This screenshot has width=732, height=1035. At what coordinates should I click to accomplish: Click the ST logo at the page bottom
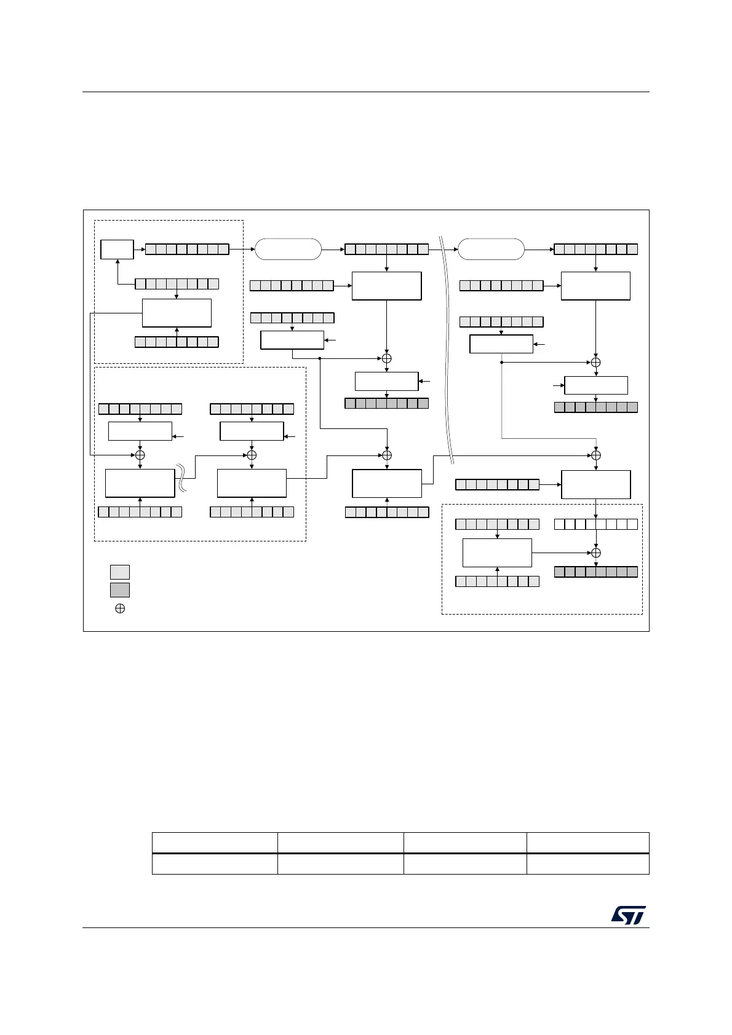[x=628, y=915]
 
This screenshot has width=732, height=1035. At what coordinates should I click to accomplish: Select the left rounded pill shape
[x=288, y=250]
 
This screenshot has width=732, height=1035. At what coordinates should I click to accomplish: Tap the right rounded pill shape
[x=491, y=250]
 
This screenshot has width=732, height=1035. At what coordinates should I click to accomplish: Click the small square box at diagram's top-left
[x=117, y=250]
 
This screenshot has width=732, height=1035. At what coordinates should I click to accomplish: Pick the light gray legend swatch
[x=120, y=572]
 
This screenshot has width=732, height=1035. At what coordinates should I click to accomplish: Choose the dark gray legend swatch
[x=120, y=590]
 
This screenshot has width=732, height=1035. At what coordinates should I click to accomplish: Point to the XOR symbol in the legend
[x=121, y=608]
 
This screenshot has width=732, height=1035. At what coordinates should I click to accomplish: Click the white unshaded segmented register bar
[x=595, y=524]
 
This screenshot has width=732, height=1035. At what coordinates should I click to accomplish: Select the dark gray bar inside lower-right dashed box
[x=595, y=572]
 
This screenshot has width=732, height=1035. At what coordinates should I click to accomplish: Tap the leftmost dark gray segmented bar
[x=386, y=404]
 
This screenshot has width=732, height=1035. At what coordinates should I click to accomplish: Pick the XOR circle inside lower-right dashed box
[x=595, y=553]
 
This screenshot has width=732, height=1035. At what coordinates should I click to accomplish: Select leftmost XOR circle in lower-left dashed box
[x=140, y=455]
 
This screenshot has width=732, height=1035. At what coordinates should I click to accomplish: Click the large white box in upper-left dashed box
[x=177, y=313]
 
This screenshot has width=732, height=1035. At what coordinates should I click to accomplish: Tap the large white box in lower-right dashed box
[x=497, y=553]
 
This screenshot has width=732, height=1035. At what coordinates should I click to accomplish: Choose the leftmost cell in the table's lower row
[x=215, y=864]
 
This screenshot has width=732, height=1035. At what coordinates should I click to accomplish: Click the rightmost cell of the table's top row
[x=587, y=843]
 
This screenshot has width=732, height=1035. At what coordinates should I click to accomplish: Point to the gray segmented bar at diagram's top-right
[x=595, y=250]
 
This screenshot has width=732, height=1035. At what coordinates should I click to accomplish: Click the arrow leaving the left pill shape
[x=333, y=250]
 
